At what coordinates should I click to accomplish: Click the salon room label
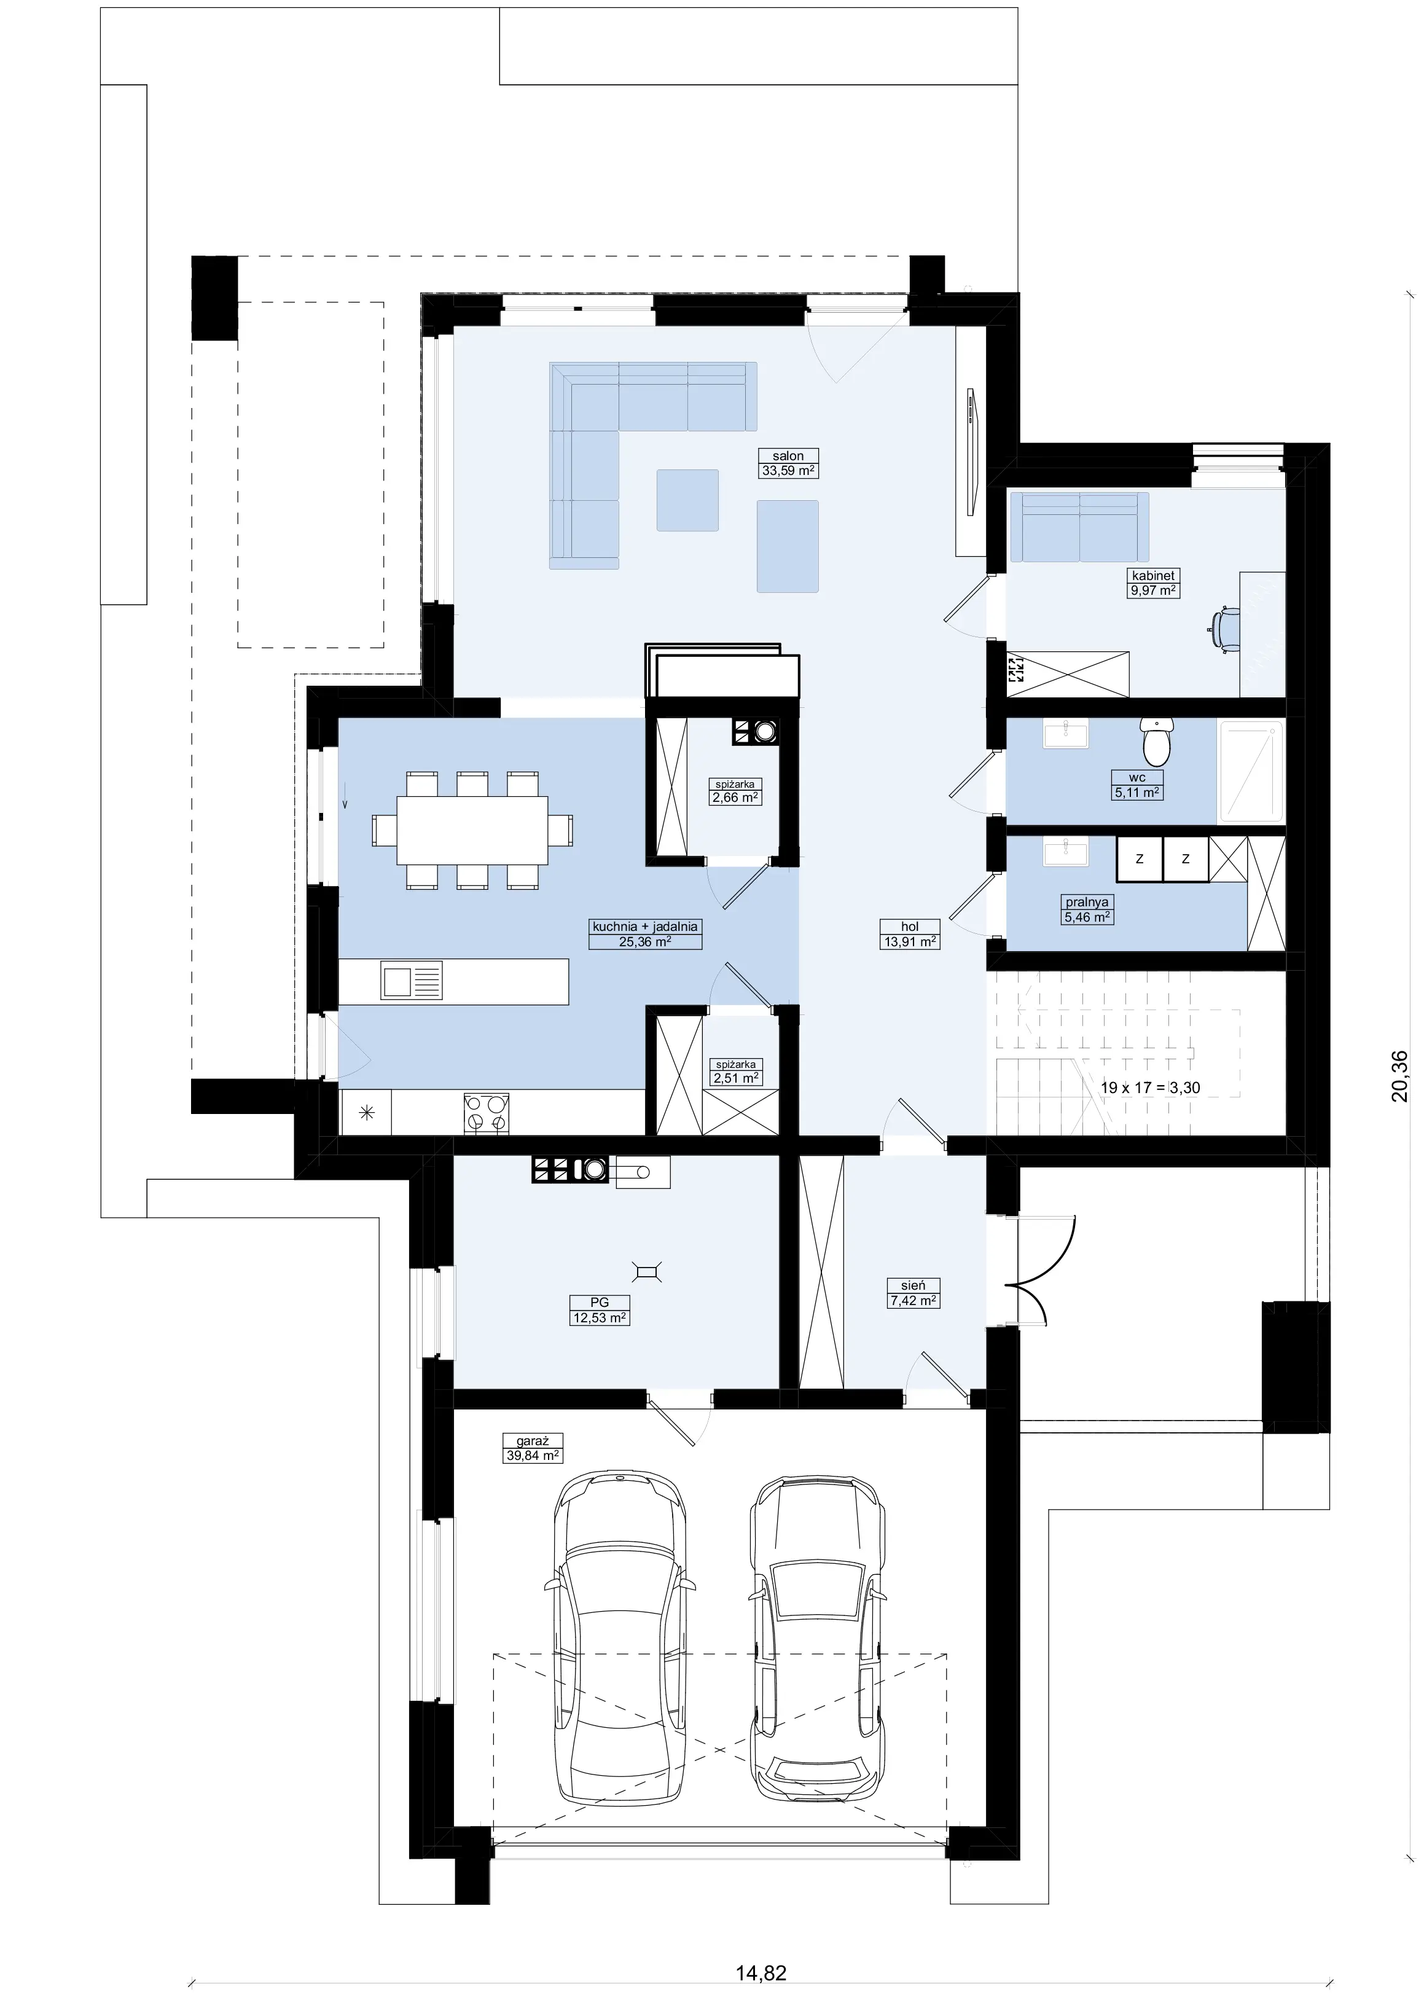point(788,456)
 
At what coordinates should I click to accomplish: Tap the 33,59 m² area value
point(788,471)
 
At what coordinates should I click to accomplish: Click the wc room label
point(1137,777)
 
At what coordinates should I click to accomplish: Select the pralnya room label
point(1087,902)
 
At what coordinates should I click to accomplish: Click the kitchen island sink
point(411,981)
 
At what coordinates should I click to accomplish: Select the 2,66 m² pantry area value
point(735,798)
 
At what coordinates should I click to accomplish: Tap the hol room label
point(910,927)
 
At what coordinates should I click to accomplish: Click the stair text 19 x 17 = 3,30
point(1150,1088)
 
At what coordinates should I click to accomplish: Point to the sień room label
point(913,1285)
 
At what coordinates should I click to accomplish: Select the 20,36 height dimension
point(1399,1076)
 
